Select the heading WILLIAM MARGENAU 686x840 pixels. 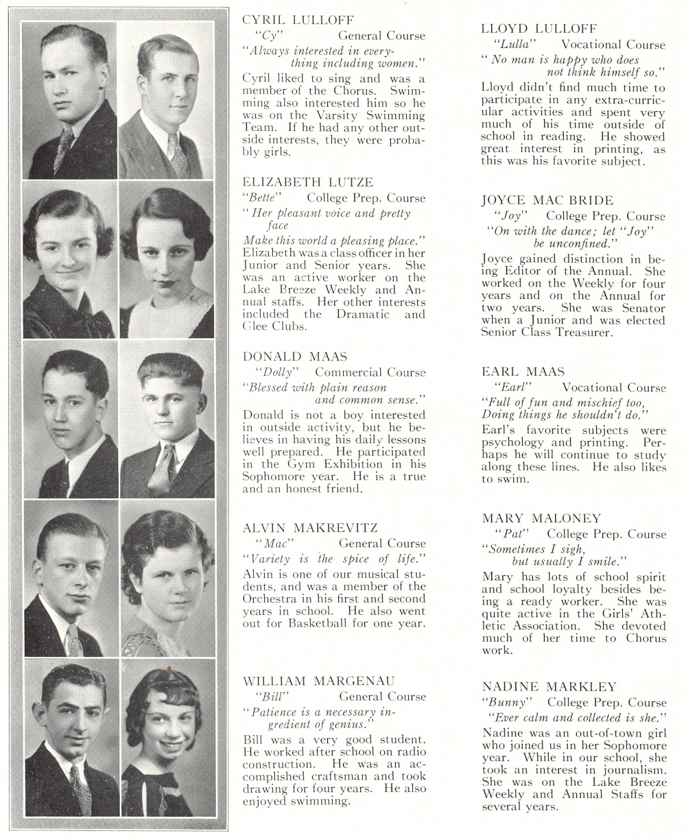(319, 681)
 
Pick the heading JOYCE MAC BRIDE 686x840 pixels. (547, 200)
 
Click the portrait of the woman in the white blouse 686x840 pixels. (167, 261)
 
